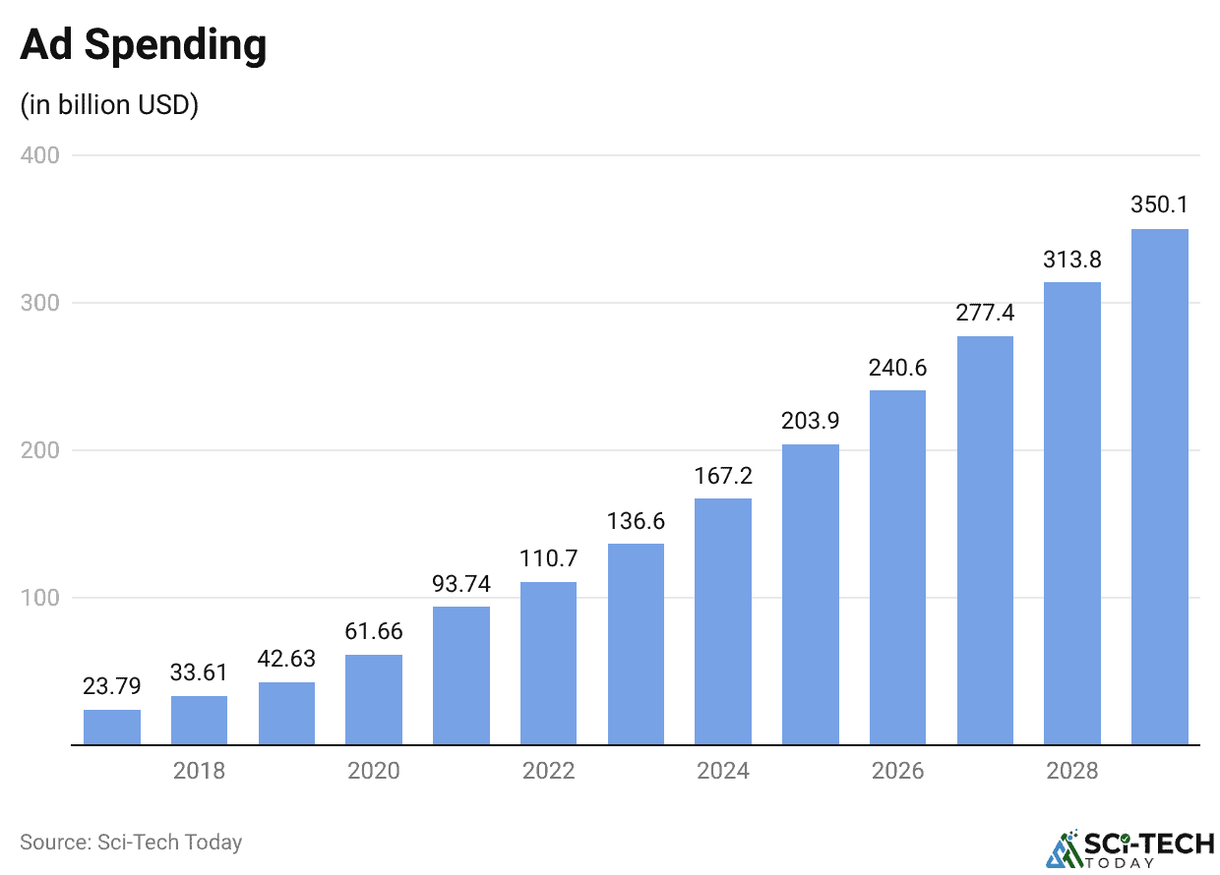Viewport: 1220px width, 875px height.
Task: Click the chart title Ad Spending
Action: (x=143, y=45)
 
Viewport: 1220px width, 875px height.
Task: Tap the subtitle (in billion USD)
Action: (x=109, y=104)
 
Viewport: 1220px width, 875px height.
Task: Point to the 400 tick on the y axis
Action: (x=39, y=155)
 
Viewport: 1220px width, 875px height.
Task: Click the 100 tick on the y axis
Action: (x=39, y=598)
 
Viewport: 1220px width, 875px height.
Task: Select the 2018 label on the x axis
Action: (x=199, y=771)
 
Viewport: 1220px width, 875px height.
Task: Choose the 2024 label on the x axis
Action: (x=723, y=771)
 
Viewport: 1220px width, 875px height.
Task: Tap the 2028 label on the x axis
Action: (x=1072, y=771)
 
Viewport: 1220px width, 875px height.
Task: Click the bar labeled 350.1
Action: (x=1160, y=487)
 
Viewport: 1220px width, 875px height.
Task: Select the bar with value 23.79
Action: (x=112, y=728)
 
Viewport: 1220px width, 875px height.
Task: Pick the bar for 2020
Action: (x=374, y=700)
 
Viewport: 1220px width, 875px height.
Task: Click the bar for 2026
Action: (x=897, y=567)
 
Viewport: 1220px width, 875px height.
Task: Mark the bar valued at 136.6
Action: (x=636, y=644)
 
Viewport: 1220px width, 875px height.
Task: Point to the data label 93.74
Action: (x=461, y=583)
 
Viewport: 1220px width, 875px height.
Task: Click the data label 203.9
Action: (x=811, y=421)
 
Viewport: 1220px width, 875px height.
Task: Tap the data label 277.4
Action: (x=985, y=313)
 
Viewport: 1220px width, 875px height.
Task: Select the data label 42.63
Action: (x=286, y=659)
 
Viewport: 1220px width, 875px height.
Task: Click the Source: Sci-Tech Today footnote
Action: (x=131, y=843)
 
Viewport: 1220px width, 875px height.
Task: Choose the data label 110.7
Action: (x=548, y=558)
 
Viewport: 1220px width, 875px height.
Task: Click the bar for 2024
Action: (x=723, y=621)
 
